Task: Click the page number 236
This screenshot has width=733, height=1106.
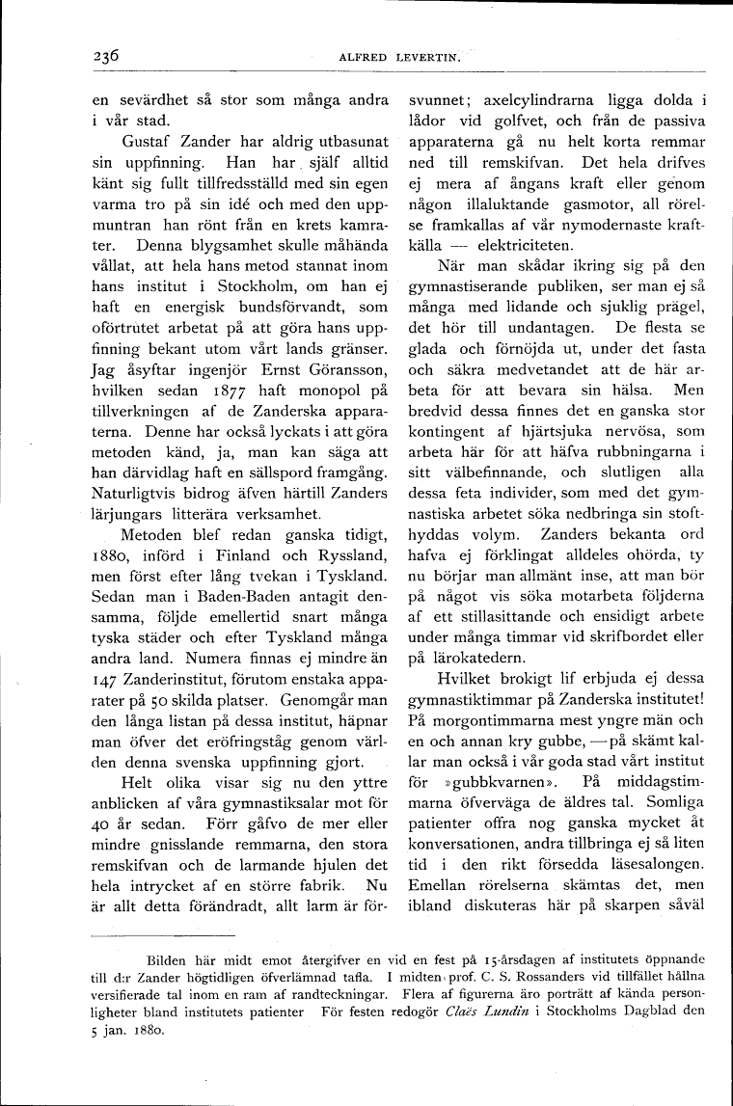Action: pyautogui.click(x=101, y=56)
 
